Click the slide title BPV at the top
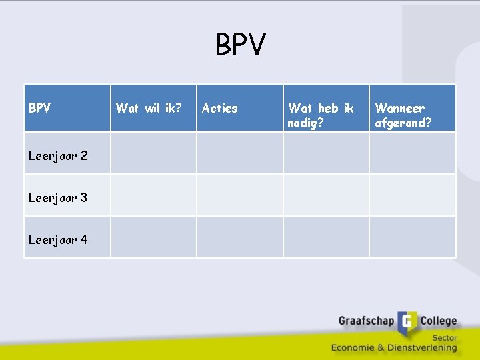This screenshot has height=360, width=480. pyautogui.click(x=241, y=45)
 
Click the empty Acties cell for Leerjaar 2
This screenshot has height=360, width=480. pyautogui.click(x=239, y=153)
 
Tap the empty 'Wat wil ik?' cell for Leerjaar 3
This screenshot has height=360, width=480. pyautogui.click(x=153, y=195)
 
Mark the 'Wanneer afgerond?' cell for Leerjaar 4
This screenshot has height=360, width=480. pyautogui.click(x=413, y=237)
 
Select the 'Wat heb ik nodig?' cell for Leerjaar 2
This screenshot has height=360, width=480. pyautogui.click(x=326, y=153)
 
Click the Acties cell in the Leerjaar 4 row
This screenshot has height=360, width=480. pyautogui.click(x=239, y=237)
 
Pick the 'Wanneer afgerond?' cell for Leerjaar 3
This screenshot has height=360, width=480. pyautogui.click(x=413, y=195)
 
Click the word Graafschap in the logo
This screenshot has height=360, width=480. pyautogui.click(x=366, y=321)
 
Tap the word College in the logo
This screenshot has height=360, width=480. pyautogui.click(x=438, y=321)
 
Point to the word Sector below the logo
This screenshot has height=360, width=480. pyautogui.click(x=444, y=338)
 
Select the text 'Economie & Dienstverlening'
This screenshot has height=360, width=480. pyautogui.click(x=394, y=347)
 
